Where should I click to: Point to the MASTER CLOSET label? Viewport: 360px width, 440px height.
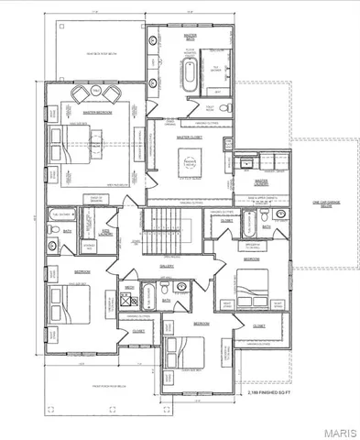pos(190,136)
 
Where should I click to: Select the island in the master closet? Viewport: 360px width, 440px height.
pos(191,164)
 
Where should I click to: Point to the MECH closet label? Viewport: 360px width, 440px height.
pos(129,288)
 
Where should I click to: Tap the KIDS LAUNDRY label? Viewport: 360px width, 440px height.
pos(106,233)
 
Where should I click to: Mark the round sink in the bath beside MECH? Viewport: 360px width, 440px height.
pos(180,285)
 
